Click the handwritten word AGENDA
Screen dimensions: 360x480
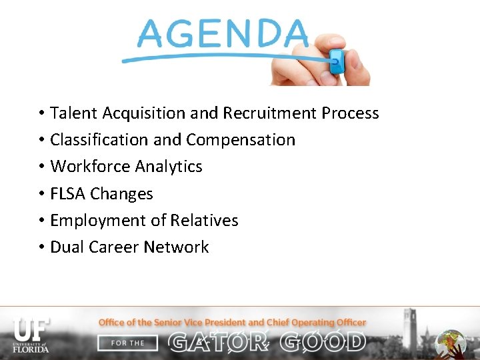pyautogui.click(x=223, y=33)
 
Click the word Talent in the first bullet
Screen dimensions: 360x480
pyautogui.click(x=72, y=113)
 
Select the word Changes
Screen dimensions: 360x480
pyautogui.click(x=122, y=194)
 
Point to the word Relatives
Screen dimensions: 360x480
pyautogui.click(x=204, y=221)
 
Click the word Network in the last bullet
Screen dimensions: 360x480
pyautogui.click(x=177, y=247)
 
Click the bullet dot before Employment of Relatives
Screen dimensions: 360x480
pyautogui.click(x=41, y=221)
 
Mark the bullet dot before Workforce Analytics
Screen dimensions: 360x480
pyautogui.click(x=41, y=167)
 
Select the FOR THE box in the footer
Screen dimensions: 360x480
pyautogui.click(x=128, y=343)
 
